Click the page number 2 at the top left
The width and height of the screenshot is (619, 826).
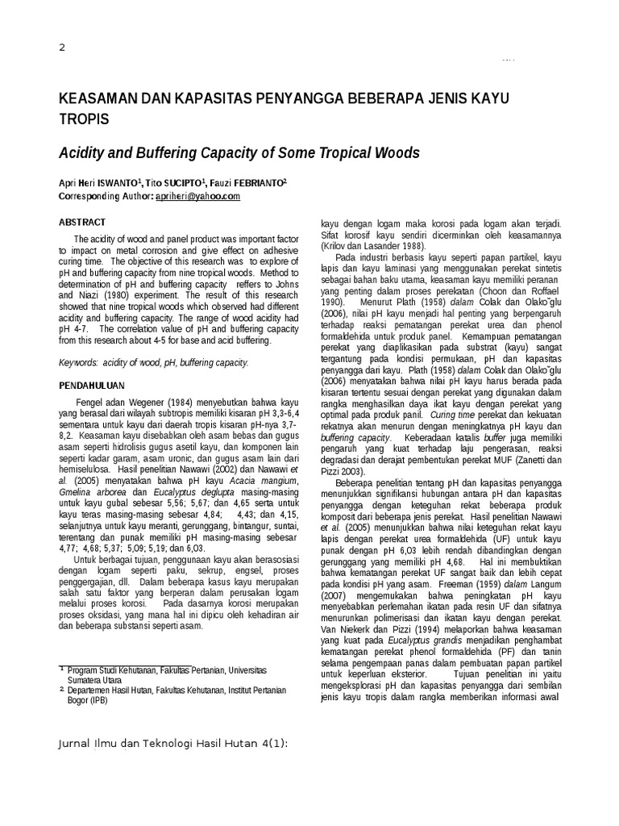point(63,48)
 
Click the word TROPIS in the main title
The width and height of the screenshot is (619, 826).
point(84,119)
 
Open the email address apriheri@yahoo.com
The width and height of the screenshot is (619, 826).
point(198,196)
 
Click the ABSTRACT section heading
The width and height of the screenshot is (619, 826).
point(82,222)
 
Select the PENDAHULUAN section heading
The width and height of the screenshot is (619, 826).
point(92,386)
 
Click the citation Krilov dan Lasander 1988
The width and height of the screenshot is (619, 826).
point(374,245)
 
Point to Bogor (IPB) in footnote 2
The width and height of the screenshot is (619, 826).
point(87,700)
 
